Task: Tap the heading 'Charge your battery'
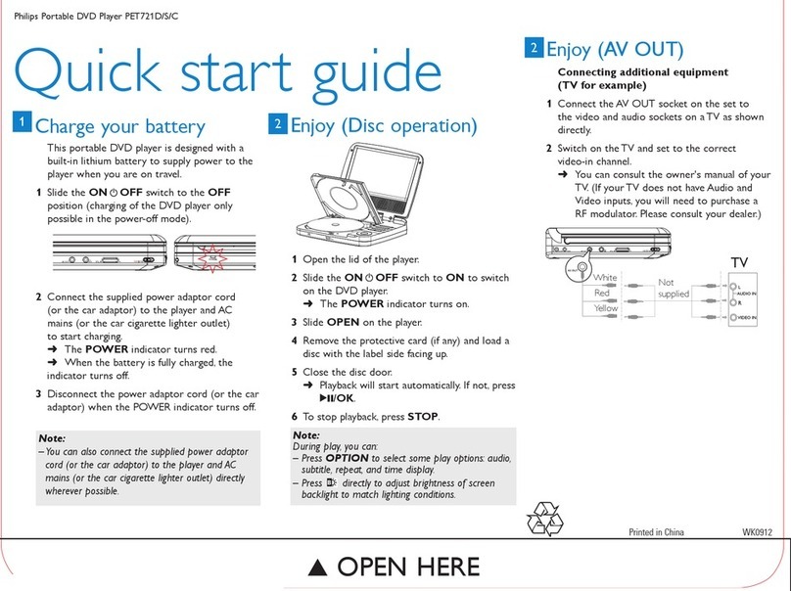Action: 119,126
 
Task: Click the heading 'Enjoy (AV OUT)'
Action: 614,48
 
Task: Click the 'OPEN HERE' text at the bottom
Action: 395,567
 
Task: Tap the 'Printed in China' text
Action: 656,532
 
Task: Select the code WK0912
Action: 759,532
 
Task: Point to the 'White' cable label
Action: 606,277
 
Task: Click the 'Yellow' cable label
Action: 605,308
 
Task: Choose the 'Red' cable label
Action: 602,293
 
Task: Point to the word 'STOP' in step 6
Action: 423,416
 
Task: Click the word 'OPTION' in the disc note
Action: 348,458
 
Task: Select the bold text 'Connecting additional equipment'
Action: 642,72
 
